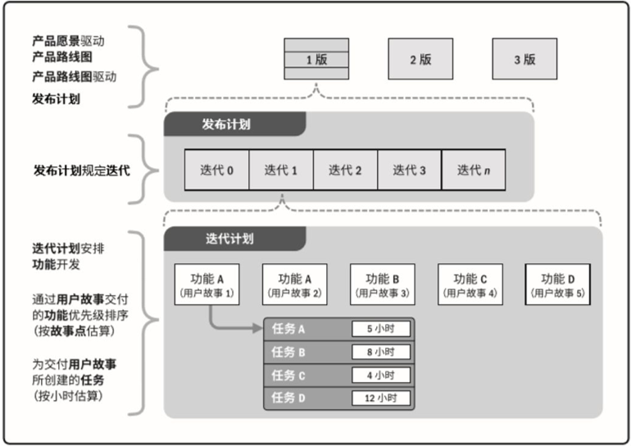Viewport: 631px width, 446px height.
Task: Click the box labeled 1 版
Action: [316, 59]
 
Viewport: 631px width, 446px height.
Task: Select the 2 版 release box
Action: [420, 59]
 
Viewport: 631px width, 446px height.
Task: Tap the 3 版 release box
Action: [524, 59]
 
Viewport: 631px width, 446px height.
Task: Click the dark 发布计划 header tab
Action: [234, 124]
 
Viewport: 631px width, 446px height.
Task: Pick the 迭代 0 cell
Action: [217, 170]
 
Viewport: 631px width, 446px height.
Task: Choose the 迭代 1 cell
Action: [281, 170]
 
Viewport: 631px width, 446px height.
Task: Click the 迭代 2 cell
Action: [345, 170]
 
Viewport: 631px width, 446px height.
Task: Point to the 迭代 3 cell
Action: [409, 170]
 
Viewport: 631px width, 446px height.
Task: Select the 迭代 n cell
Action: [474, 170]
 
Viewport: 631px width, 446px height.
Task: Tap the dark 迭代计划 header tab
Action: [234, 239]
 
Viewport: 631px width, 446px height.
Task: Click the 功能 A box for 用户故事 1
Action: [207, 284]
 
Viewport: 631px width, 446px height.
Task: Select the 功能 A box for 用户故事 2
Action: [294, 284]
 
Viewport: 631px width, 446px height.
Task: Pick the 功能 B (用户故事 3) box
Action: [383, 284]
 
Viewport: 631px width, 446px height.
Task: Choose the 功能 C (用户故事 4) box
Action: [470, 284]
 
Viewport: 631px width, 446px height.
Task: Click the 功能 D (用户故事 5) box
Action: [558, 284]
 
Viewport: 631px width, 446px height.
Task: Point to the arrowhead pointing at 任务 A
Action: [258, 328]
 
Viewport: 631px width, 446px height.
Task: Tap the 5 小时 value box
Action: [381, 329]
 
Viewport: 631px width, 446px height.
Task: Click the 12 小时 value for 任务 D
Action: [381, 398]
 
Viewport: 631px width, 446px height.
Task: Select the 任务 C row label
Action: [288, 375]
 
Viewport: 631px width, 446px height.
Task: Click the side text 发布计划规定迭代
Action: [82, 171]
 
